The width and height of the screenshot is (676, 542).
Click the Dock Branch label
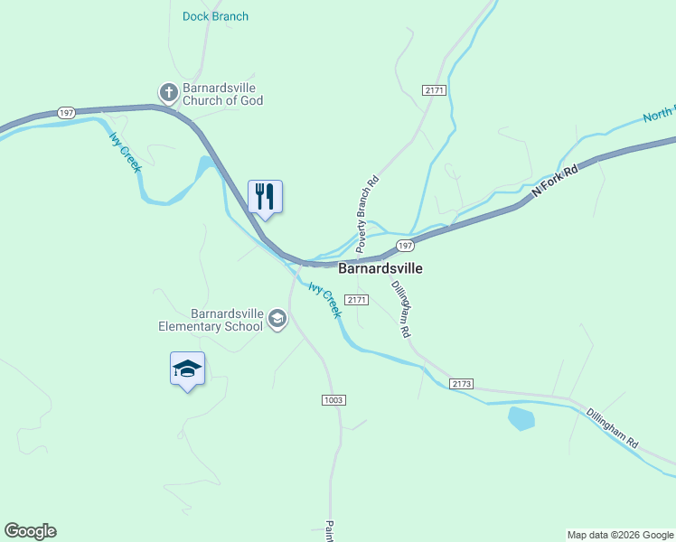[215, 16]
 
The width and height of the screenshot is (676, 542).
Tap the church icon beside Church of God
[168, 92]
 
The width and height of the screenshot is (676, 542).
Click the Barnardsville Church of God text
[222, 95]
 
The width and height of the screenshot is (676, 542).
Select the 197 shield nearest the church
[65, 113]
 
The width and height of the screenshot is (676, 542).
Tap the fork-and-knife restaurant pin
[265, 196]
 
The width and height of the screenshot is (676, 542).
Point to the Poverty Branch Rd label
[367, 214]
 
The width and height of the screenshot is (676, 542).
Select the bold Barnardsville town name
[380, 268]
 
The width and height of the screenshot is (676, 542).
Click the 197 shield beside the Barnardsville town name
[405, 246]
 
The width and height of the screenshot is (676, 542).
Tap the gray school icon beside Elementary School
[277, 318]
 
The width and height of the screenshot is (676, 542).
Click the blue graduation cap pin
[187, 369]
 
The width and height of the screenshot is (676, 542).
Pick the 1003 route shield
[333, 400]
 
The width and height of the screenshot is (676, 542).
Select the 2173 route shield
[461, 384]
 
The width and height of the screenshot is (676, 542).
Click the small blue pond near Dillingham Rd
[521, 418]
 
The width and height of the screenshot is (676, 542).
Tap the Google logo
[30, 531]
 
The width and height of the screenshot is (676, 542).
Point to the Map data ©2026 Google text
[620, 535]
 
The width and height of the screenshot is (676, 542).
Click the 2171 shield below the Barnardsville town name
[358, 299]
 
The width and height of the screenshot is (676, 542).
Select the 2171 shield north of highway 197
[435, 89]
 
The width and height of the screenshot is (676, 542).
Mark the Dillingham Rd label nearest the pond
[613, 429]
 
